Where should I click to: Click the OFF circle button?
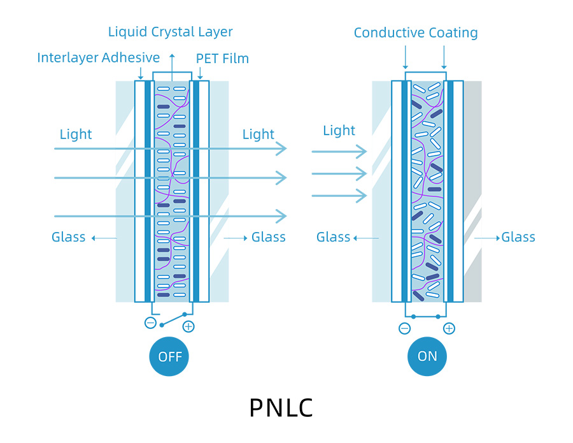coord(170,356)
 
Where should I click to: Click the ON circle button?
coord(427,356)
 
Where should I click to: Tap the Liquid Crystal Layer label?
coord(170,32)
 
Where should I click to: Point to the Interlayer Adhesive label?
coord(98,58)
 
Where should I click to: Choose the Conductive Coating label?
coord(416,33)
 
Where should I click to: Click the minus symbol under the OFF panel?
coord(150,323)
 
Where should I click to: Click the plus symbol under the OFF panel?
coord(188,326)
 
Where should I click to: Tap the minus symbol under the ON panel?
coord(404,328)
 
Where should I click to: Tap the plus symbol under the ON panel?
coord(449,328)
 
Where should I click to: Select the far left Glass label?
coord(69,237)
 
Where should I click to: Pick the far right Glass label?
coord(518,237)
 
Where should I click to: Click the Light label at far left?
coord(76,134)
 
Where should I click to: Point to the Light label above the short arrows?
coord(339,131)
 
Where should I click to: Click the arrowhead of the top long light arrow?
coord(281,149)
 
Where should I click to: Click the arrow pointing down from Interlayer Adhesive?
coord(140,74)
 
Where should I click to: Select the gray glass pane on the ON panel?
coord(472,191)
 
